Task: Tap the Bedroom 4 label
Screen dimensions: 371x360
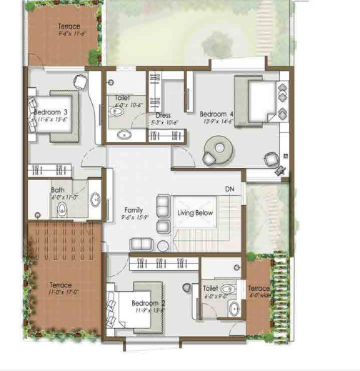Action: [x=216, y=114]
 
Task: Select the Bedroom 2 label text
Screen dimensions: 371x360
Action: [x=149, y=303]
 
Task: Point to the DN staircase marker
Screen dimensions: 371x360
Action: [x=229, y=189]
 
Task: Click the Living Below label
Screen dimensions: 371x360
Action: [x=196, y=212]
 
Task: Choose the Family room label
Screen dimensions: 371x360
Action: [x=133, y=210]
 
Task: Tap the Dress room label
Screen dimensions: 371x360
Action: [x=164, y=114]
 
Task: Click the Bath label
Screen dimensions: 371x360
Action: [x=58, y=190]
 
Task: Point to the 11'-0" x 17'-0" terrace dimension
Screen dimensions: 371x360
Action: [x=63, y=292]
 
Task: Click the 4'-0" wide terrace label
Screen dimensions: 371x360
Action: [x=259, y=292]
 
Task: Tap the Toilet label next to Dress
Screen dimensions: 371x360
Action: [x=124, y=98]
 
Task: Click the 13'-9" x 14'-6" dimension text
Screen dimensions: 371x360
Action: [x=217, y=122]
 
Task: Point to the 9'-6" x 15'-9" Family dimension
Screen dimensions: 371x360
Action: [x=134, y=218]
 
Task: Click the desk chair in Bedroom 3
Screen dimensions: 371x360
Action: [x=80, y=80]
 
